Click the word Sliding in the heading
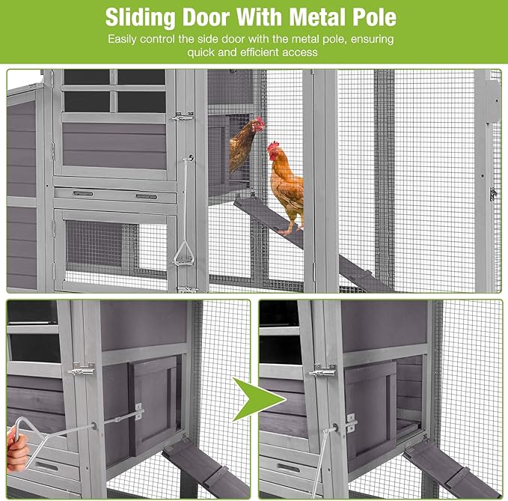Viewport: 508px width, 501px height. (141, 17)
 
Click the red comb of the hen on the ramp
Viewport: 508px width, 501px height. (273, 145)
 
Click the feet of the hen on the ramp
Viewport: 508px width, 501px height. (290, 231)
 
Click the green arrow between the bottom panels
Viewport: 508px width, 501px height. (258, 400)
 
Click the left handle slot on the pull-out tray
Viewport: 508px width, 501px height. (83, 194)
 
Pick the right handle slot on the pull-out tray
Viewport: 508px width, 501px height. (146, 196)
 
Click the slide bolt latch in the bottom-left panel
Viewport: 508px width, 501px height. (82, 369)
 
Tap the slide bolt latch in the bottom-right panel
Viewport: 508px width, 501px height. (322, 371)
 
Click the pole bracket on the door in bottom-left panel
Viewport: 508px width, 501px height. (139, 411)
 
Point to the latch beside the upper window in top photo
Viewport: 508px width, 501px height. (183, 116)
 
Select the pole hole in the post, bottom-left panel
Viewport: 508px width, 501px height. (94, 425)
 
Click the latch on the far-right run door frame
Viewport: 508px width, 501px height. (493, 194)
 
